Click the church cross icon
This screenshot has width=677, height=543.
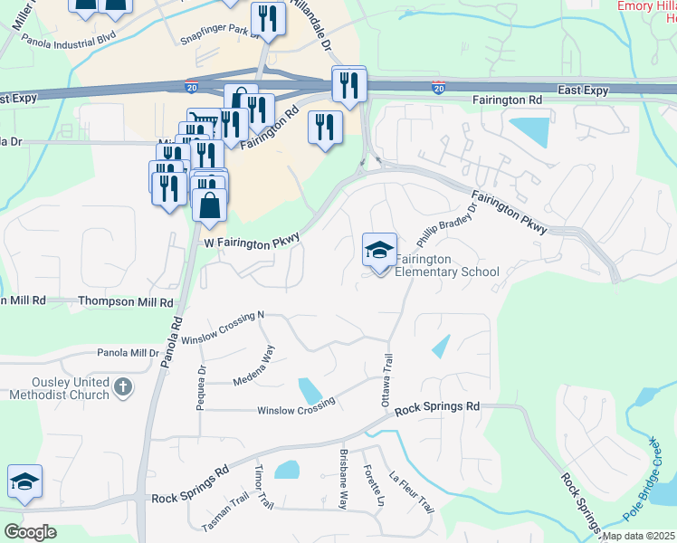tap(123, 388)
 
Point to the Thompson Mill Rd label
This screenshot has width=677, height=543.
tap(126, 301)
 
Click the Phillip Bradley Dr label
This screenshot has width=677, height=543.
tap(445, 227)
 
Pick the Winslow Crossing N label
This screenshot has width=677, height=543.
tap(222, 328)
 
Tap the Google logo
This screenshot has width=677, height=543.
tap(31, 531)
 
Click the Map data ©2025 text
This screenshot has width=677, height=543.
tap(637, 536)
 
